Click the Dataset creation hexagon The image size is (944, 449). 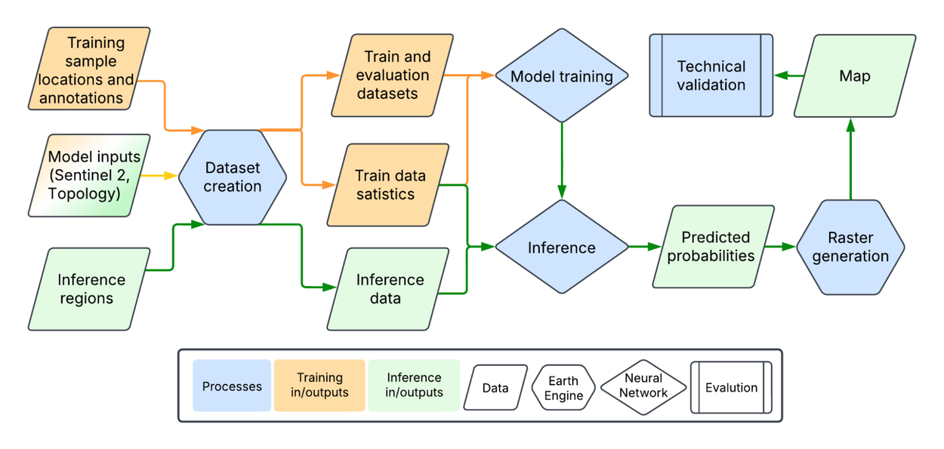(x=233, y=177)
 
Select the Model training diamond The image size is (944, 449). (x=561, y=76)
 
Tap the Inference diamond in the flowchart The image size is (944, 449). (x=561, y=248)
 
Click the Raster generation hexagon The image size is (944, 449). (x=850, y=247)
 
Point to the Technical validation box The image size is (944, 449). (x=711, y=75)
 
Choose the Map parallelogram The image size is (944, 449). (x=854, y=75)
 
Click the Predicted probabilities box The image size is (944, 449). (x=713, y=247)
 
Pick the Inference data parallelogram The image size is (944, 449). (x=388, y=289)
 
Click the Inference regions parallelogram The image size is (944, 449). (x=88, y=289)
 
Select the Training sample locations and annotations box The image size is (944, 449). (x=89, y=70)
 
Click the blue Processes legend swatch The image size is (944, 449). (x=232, y=386)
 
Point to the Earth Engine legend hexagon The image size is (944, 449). (x=563, y=388)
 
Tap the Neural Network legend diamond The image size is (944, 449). (x=643, y=387)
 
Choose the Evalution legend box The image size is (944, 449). (x=731, y=387)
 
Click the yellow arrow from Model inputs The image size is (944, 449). (x=160, y=177)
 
